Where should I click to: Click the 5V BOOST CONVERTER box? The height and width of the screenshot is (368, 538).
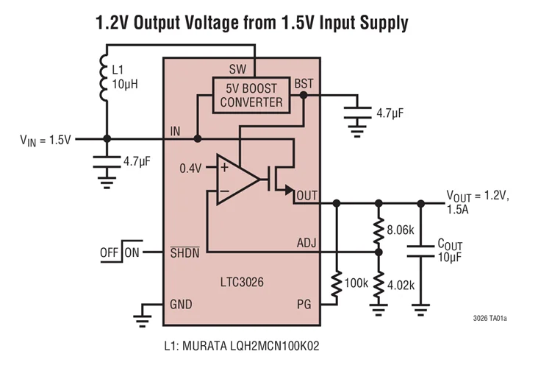click(x=251, y=94)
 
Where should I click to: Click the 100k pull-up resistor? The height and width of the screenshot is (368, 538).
click(x=337, y=283)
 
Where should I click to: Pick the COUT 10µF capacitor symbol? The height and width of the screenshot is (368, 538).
click(x=421, y=252)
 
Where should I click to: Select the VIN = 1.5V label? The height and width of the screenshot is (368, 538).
click(x=46, y=139)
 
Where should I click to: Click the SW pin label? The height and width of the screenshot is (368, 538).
click(x=237, y=68)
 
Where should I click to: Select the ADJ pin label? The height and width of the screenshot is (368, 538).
click(x=305, y=243)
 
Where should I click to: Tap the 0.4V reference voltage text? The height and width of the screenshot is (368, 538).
click(x=190, y=168)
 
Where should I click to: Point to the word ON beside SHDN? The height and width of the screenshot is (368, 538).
click(x=132, y=252)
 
